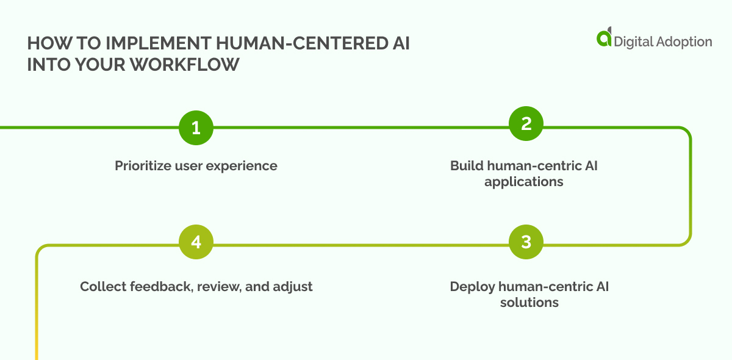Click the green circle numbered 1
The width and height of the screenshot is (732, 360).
point(196,128)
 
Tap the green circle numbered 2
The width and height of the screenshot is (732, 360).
point(526,124)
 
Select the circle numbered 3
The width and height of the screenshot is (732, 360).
point(526,242)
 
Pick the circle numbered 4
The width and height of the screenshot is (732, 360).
point(196,242)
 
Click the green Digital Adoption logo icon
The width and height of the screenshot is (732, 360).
point(604,37)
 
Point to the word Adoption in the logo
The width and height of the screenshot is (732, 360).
point(682,41)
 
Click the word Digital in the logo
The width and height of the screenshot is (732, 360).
point(632,41)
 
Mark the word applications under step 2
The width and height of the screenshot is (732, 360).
point(523,182)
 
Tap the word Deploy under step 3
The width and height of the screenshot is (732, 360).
point(472,286)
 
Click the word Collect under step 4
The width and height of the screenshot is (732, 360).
point(102,286)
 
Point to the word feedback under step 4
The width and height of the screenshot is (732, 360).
point(157,286)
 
